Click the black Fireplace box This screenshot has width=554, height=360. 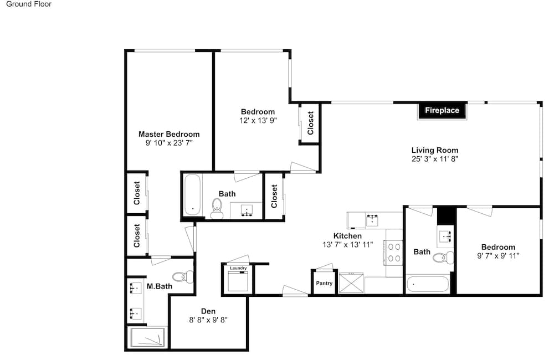(x=442, y=111)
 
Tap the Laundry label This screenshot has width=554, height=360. (x=238, y=268)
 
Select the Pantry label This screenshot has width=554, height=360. (x=324, y=283)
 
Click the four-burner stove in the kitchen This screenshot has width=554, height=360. (x=394, y=253)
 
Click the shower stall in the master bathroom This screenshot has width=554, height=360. (x=148, y=337)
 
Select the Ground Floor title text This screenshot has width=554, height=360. (x=29, y=4)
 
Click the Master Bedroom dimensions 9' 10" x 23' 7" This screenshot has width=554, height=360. (x=169, y=143)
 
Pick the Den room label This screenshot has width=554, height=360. (x=208, y=311)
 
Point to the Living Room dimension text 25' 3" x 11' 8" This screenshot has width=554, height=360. (x=434, y=159)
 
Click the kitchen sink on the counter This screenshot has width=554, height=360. (x=372, y=220)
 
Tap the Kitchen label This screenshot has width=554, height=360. (x=347, y=235)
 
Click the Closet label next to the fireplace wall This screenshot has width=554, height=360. (x=311, y=123)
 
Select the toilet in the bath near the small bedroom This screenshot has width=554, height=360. (x=443, y=258)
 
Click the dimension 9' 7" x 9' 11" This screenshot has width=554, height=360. (x=498, y=256)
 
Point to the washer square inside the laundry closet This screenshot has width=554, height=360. (x=238, y=281)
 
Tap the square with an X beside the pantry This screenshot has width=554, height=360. (x=351, y=282)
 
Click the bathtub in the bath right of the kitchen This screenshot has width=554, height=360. (x=428, y=284)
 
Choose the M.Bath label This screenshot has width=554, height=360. (x=160, y=286)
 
